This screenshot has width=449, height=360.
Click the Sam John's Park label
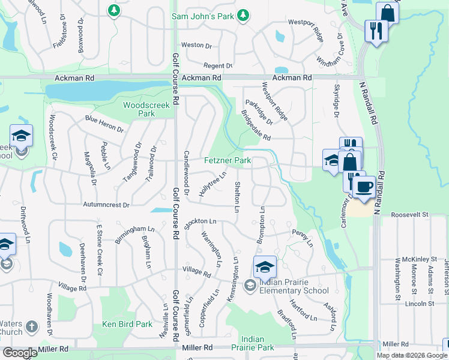(202, 16)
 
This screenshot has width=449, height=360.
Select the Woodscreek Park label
(139, 109)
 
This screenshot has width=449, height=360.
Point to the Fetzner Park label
(228, 161)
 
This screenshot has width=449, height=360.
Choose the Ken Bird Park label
(127, 324)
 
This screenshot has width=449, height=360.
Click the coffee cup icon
(364, 187)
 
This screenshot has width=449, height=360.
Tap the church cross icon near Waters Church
(31, 328)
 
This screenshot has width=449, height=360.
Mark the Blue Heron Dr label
(104, 124)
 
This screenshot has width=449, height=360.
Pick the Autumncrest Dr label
(107, 205)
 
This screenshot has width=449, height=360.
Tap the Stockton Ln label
(200, 222)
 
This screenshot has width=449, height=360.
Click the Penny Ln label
(303, 238)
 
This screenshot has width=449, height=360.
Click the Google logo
(20, 353)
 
